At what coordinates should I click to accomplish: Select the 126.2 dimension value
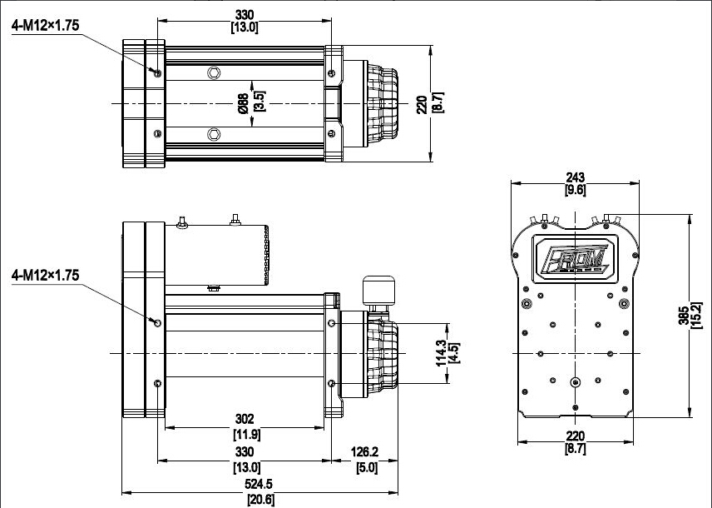(x=364, y=451)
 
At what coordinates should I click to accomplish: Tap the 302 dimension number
(x=245, y=418)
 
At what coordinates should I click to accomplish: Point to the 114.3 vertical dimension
(x=441, y=353)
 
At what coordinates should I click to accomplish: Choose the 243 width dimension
(x=576, y=177)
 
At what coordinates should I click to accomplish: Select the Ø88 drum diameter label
(x=243, y=103)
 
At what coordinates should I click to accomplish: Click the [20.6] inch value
(x=260, y=500)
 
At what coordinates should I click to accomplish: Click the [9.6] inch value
(x=576, y=190)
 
